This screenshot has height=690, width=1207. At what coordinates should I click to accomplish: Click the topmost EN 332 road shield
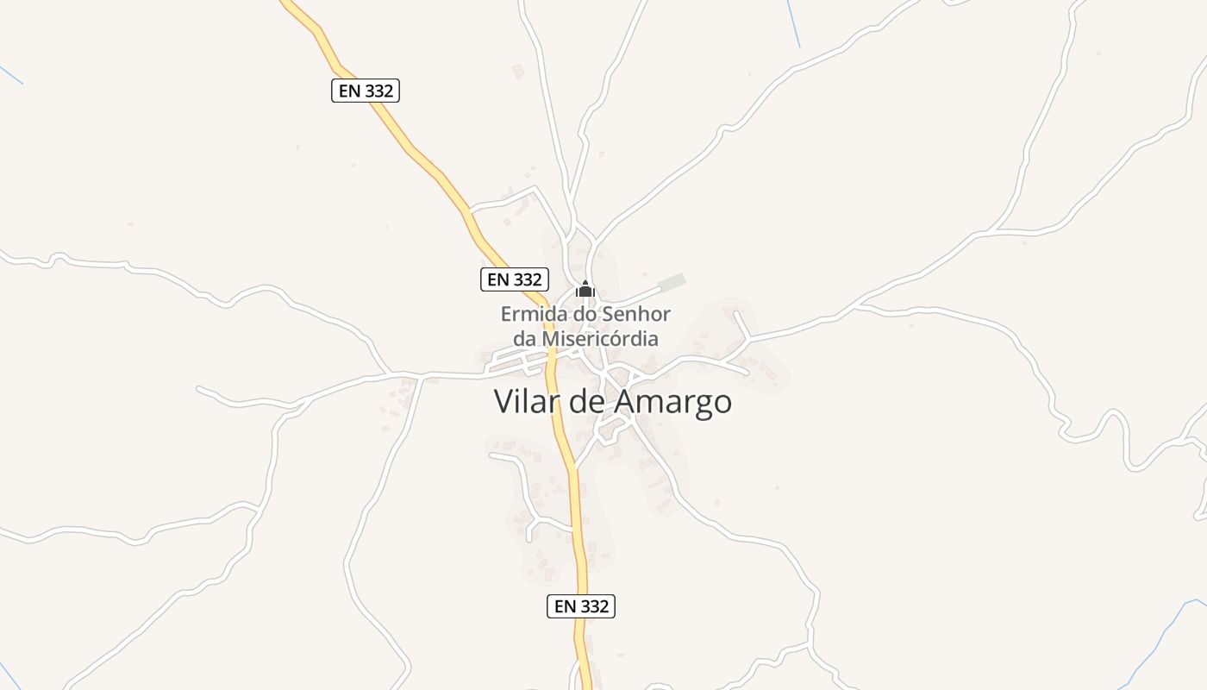(366, 91)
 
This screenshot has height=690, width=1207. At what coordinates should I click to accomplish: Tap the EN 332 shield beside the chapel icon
(515, 279)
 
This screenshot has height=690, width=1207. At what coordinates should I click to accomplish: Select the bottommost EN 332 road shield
(581, 606)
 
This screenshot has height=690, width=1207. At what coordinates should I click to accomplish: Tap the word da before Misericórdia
(525, 339)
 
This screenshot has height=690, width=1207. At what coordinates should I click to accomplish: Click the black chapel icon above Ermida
(585, 290)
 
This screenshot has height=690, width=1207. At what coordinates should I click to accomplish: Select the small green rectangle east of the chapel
(672, 282)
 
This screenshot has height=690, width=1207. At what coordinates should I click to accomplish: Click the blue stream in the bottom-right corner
(1164, 638)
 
